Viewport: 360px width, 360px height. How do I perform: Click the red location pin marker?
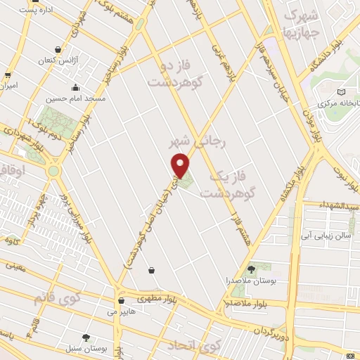click(181, 164)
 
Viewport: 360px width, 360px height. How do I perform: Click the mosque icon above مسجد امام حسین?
click(75, 89)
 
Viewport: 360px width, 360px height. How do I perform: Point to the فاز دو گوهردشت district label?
click(175, 76)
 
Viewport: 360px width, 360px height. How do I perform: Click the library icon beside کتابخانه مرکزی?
click(342, 92)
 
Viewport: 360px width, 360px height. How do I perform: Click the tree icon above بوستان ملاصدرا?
click(251, 269)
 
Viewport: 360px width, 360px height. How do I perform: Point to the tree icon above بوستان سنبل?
click(86, 337)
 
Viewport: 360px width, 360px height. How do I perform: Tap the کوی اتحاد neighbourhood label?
click(193, 345)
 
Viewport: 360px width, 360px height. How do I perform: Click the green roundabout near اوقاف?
click(53, 171)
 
